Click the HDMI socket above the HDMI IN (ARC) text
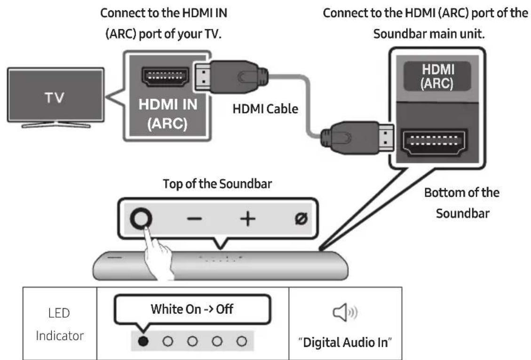tap(166, 76)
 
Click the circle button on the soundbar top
tap(142, 218)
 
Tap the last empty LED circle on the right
tap(241, 342)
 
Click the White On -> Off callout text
tap(191, 309)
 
